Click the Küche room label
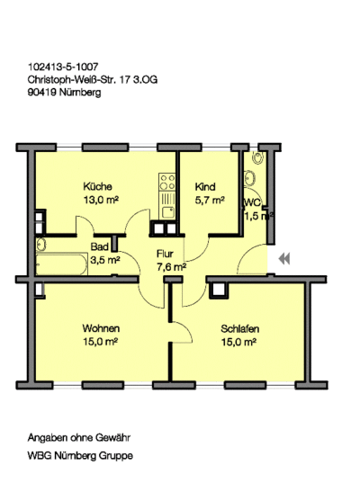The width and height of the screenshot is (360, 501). (x=97, y=186)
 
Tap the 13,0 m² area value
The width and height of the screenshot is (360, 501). (x=101, y=201)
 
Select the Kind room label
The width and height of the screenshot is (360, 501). (x=205, y=186)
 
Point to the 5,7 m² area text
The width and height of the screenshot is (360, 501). (x=210, y=201)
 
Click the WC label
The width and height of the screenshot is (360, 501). (x=253, y=203)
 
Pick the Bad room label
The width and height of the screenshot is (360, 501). (x=99, y=246)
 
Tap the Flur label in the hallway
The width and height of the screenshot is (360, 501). (x=165, y=254)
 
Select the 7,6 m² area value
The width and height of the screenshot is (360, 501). (x=171, y=267)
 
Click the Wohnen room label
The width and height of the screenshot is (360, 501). (x=101, y=328)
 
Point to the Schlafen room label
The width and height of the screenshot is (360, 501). (x=239, y=328)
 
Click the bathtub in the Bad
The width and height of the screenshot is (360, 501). (x=62, y=264)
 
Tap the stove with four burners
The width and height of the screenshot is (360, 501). (x=167, y=182)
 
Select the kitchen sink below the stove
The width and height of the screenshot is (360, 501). (x=167, y=212)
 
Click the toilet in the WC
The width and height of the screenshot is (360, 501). (x=257, y=157)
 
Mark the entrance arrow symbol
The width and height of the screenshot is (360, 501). (x=284, y=258)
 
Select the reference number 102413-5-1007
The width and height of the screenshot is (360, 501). (x=63, y=67)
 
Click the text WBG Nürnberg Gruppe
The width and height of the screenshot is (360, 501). (x=80, y=456)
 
